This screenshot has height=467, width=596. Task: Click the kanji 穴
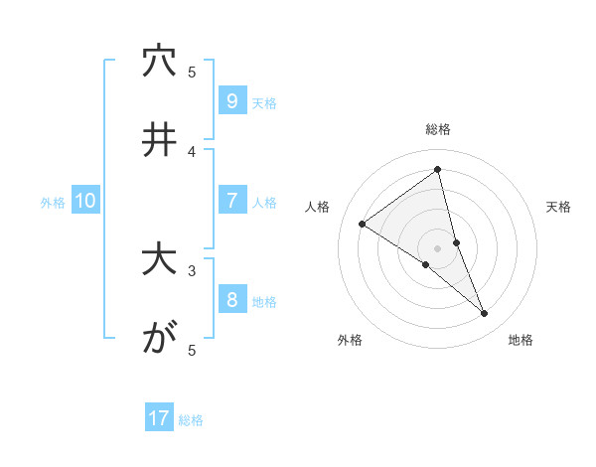(158, 62)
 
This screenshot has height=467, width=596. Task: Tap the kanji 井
(158, 140)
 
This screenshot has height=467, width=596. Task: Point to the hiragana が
(158, 339)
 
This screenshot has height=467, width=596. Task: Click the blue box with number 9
(231, 100)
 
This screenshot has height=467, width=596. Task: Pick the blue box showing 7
(231, 201)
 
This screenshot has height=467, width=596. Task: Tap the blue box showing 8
(231, 300)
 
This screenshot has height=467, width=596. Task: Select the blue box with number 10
(85, 201)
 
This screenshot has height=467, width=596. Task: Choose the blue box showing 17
(159, 418)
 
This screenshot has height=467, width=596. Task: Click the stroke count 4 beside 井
(193, 151)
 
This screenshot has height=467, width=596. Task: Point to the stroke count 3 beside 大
(193, 269)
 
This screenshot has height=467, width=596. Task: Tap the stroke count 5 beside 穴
(193, 72)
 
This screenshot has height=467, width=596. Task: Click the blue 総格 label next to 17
(191, 420)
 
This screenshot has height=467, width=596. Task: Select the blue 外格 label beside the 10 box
(53, 203)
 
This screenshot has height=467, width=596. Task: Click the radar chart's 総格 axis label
(438, 129)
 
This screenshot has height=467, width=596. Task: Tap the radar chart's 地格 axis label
(521, 340)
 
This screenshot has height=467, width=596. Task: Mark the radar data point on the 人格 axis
(362, 224)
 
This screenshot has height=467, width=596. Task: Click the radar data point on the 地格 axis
(485, 314)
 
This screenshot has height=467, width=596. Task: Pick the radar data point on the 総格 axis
(438, 169)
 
